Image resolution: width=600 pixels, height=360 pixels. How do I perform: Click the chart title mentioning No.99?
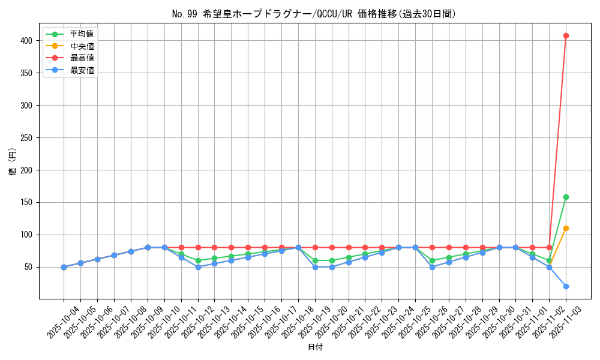click(314, 14)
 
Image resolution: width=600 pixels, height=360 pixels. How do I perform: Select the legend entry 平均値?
click(82, 34)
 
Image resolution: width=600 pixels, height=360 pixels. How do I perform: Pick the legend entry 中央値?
click(82, 46)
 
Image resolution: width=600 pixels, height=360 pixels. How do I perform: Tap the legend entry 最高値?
click(82, 58)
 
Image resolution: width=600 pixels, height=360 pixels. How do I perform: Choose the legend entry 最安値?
click(82, 70)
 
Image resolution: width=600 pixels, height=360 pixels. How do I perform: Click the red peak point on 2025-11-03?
click(566, 35)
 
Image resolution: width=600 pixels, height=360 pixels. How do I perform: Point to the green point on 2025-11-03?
click(566, 197)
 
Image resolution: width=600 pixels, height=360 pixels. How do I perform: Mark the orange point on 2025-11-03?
click(566, 228)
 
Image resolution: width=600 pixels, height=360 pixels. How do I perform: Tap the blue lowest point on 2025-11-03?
click(566, 286)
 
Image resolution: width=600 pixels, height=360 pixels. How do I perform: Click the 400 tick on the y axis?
click(28, 40)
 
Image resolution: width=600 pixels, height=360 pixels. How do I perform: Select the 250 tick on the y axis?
click(28, 137)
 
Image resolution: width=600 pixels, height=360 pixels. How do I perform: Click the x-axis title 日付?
click(315, 347)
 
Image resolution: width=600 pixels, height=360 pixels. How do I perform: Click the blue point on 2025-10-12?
click(198, 267)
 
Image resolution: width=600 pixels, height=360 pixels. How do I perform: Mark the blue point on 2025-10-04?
click(64, 267)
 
